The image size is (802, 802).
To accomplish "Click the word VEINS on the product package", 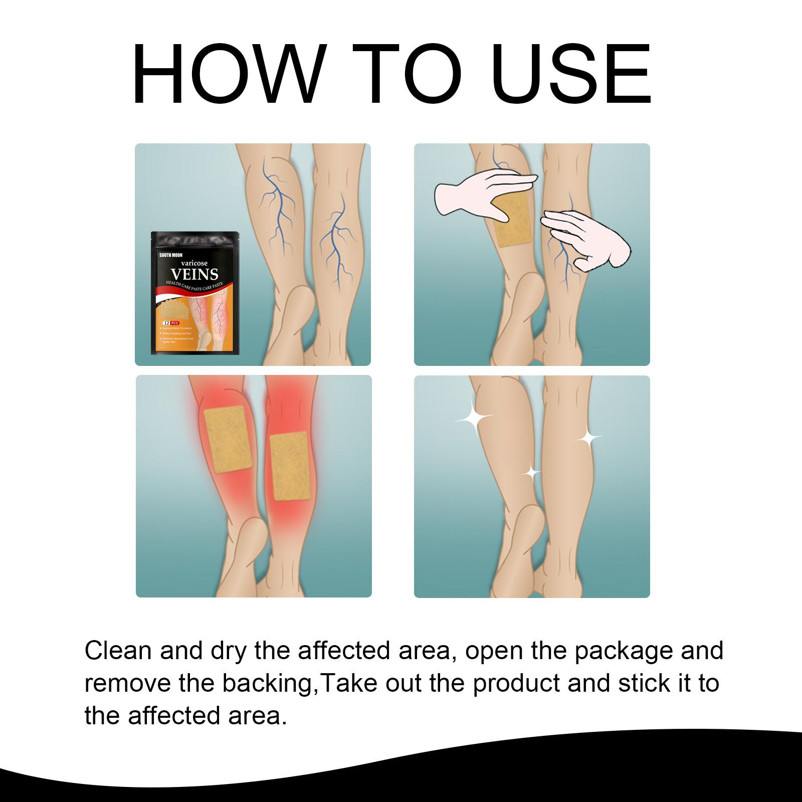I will [195, 274].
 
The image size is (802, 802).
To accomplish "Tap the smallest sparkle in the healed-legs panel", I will [532, 472].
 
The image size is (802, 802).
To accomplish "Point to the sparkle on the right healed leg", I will [588, 439].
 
